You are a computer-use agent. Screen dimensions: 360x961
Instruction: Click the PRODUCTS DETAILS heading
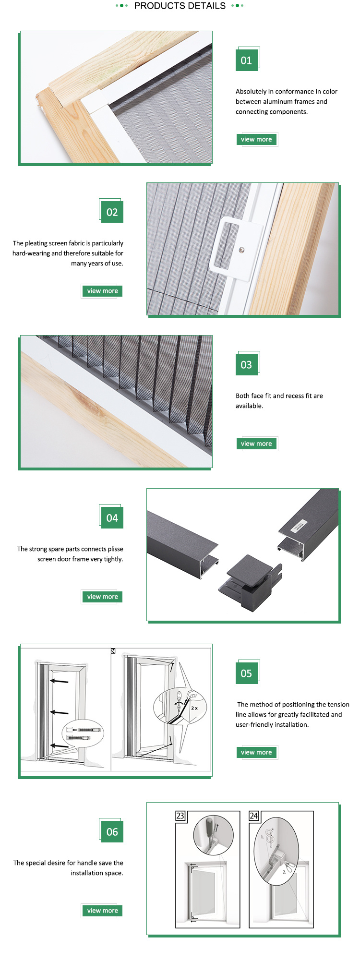pyautogui.click(x=180, y=6)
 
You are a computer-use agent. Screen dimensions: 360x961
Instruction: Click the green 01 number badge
pyautogui.click(x=246, y=60)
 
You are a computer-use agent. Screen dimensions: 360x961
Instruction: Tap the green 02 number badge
pyautogui.click(x=112, y=212)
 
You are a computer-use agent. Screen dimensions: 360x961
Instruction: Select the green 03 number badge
pyautogui.click(x=246, y=365)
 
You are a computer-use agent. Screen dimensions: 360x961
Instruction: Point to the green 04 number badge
pyautogui.click(x=112, y=518)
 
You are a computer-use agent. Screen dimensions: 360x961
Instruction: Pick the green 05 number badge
pyautogui.click(x=246, y=673)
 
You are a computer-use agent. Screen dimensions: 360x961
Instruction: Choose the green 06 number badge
pyautogui.click(x=112, y=832)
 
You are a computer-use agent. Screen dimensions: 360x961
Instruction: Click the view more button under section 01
pyautogui.click(x=256, y=139)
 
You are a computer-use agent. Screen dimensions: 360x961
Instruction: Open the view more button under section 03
pyautogui.click(x=256, y=444)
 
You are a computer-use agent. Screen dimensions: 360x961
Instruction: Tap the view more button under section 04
pyautogui.click(x=102, y=597)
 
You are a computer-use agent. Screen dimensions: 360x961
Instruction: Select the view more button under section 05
pyautogui.click(x=256, y=752)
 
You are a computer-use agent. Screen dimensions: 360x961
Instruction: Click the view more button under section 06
pyautogui.click(x=102, y=911)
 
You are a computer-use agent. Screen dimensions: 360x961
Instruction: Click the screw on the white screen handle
pyautogui.click(x=242, y=249)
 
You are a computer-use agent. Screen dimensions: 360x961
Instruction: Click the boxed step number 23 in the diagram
pyautogui.click(x=180, y=816)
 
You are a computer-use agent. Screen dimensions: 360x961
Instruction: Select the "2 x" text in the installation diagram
pyautogui.click(x=194, y=708)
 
